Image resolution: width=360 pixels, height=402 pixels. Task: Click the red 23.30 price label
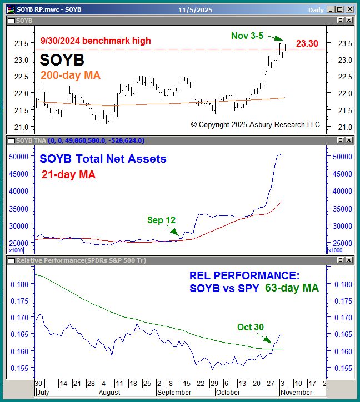point(307,43)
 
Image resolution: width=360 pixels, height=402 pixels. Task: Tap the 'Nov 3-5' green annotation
point(247,36)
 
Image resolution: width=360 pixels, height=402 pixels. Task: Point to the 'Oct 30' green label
point(251,327)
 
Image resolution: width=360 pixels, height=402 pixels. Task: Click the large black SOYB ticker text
point(62,59)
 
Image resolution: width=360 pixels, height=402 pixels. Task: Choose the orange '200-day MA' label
point(71,76)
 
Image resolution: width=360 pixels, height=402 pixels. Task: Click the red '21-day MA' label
point(68,174)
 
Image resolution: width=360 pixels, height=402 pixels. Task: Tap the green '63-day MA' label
point(292,288)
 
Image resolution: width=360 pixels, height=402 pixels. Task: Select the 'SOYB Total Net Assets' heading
point(103,159)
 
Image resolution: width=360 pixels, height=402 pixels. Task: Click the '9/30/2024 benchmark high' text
point(96,41)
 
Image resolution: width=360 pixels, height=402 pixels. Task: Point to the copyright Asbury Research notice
point(255,124)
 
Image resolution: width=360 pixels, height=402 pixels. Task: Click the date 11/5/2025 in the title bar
point(180,9)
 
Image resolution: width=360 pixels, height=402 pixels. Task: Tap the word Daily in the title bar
point(316,9)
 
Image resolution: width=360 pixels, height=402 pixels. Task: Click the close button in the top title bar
point(352,9)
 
